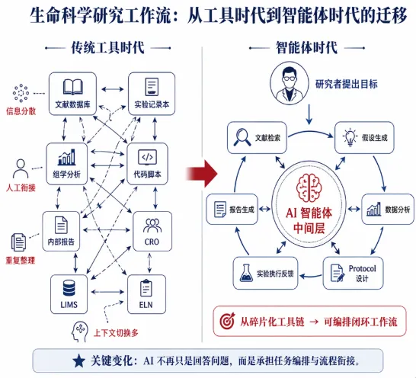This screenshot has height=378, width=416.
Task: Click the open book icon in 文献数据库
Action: (72, 87)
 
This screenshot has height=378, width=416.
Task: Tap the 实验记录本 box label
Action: (152, 104)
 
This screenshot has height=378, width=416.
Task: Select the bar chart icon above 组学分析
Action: (66, 157)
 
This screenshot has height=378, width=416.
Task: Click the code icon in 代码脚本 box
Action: (148, 158)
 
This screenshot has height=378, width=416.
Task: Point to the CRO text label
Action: (152, 242)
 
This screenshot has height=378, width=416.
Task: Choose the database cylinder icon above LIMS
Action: (69, 288)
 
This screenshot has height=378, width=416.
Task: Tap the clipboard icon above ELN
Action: (146, 288)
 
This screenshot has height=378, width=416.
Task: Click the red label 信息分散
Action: (21, 111)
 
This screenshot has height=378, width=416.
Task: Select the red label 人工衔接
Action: (21, 188)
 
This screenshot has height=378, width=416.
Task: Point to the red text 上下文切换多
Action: (116, 332)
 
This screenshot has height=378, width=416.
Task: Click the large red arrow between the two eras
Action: (202, 174)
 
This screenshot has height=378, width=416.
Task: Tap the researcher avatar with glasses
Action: (290, 83)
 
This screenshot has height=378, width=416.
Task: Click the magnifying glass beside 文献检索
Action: (242, 137)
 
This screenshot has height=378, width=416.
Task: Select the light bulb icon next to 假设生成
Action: (350, 137)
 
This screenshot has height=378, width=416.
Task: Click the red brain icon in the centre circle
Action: (309, 188)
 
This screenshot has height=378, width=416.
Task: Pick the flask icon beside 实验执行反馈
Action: (246, 273)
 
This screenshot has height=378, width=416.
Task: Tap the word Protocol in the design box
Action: (363, 268)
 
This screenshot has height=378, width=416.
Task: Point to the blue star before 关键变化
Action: (78, 360)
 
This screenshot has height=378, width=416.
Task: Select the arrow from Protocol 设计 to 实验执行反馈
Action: (311, 276)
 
